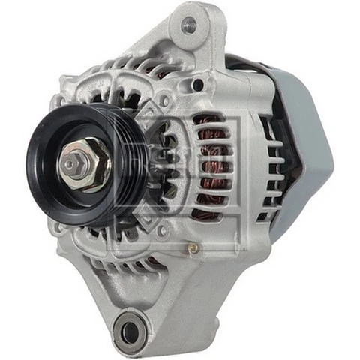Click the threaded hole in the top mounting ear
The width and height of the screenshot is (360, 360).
[x=189, y=25]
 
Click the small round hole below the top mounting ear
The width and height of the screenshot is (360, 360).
[x=199, y=85]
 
